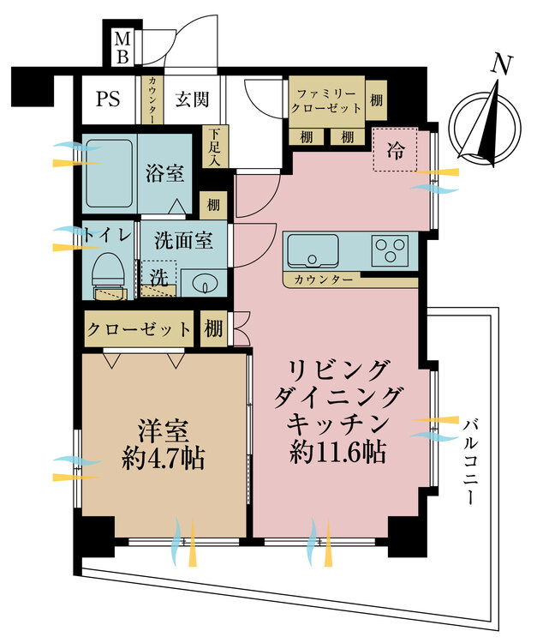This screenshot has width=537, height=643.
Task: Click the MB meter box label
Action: pyautogui.click(x=122, y=48)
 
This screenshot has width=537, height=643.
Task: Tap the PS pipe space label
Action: pyautogui.click(x=109, y=98)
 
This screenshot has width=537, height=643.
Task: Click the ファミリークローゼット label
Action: pyautogui.click(x=326, y=99)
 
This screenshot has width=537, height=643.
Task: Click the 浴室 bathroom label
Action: pyautogui.click(x=164, y=174)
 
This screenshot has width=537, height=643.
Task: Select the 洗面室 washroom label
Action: pyautogui.click(x=183, y=241)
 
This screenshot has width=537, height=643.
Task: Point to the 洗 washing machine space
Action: pyautogui.click(x=158, y=279)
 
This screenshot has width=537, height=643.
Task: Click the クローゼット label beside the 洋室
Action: pyautogui.click(x=140, y=329)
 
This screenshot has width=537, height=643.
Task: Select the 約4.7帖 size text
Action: pyautogui.click(x=163, y=458)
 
